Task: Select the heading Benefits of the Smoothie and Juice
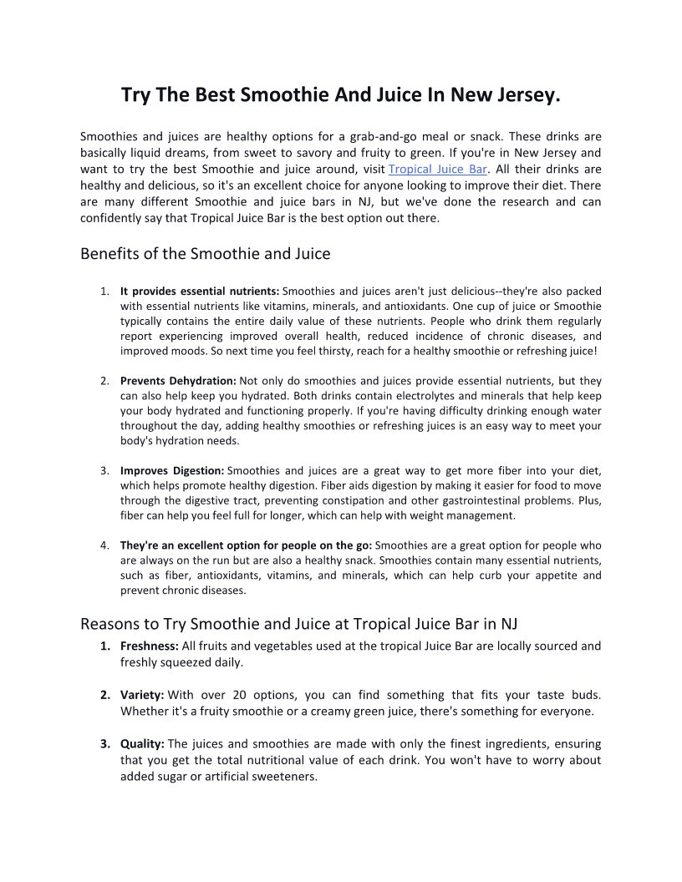(x=205, y=253)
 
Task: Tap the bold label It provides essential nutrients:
(x=200, y=291)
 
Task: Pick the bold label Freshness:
(x=150, y=646)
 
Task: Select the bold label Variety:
(x=142, y=695)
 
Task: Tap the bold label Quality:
(x=142, y=743)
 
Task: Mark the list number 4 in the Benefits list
(x=104, y=545)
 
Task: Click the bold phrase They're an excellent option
(x=192, y=545)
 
